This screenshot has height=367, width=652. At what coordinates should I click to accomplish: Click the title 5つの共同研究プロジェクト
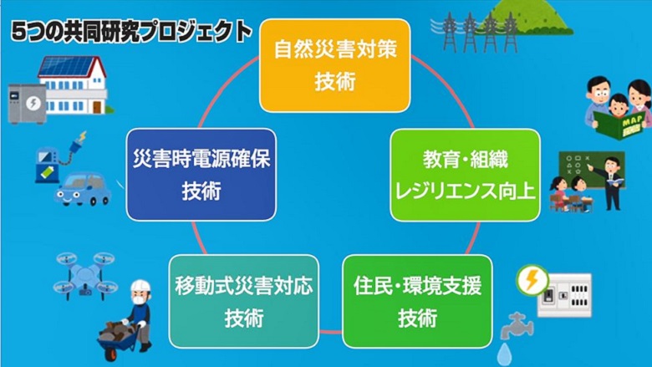coord(131,32)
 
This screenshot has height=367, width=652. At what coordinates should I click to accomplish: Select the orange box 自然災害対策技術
coord(334,66)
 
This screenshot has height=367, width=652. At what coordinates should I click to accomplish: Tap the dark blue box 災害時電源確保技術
coord(201,175)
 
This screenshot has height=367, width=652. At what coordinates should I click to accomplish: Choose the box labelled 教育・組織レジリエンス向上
coord(466,175)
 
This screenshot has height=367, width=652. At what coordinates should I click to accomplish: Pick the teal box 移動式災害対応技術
coord(244,301)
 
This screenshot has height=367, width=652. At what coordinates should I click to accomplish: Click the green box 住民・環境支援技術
coord(417,301)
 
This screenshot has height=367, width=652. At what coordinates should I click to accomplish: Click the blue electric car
coord(83,189)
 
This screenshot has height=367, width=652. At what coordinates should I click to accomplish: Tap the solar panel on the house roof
coord(67,67)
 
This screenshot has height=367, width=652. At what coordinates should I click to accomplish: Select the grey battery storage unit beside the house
coord(27,104)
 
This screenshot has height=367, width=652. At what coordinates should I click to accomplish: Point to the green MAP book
coord(619,125)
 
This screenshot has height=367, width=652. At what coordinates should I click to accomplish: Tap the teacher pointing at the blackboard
coord(610,183)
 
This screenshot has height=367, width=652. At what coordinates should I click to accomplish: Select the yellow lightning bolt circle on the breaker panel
coord(532,279)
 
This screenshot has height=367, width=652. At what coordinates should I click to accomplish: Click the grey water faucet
coord(517,326)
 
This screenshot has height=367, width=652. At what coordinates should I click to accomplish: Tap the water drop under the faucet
coord(504,354)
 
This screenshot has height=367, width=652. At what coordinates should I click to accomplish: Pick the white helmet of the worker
coord(140,287)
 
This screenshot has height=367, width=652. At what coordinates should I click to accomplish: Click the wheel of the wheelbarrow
coord(111,354)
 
